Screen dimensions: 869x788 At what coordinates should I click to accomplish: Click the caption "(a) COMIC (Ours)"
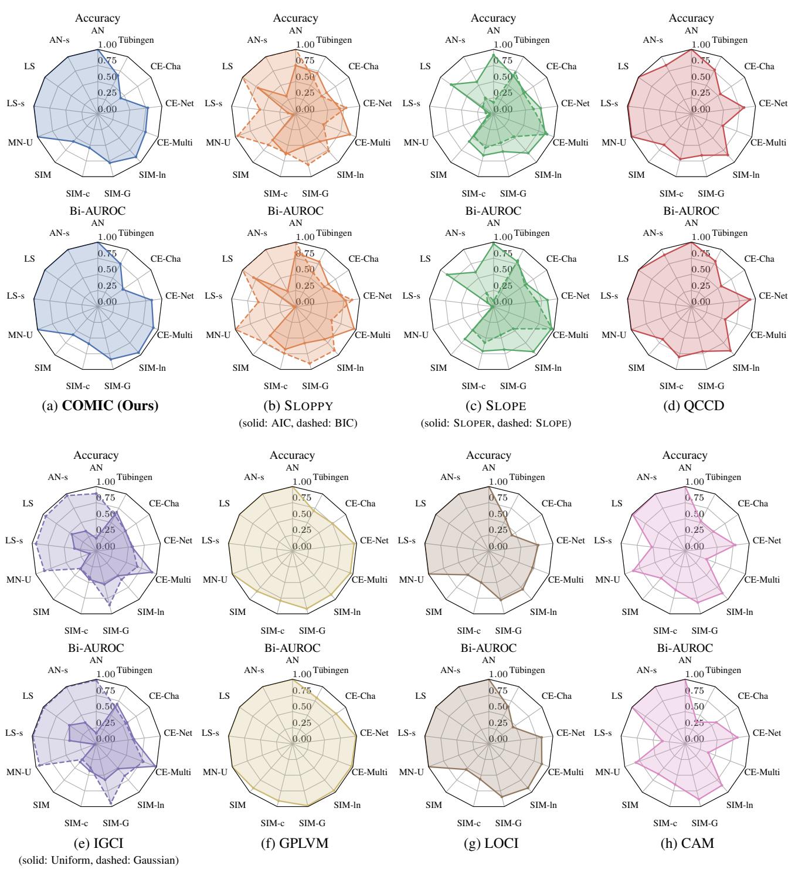[x=97, y=405]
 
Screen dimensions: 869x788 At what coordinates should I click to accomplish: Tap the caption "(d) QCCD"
[x=692, y=405]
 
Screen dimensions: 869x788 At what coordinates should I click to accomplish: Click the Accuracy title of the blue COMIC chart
[x=97, y=18]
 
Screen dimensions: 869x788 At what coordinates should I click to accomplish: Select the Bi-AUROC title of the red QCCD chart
[x=692, y=211]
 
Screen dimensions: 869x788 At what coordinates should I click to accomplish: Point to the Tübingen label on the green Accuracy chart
[x=532, y=40]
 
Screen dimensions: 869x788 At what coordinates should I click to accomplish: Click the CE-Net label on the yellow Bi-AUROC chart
[x=374, y=733]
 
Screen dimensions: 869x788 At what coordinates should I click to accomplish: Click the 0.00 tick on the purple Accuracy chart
[x=106, y=546]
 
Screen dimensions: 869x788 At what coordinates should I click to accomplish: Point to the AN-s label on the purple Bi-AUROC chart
[x=58, y=670]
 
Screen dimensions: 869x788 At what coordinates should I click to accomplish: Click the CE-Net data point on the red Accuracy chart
[x=745, y=107]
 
